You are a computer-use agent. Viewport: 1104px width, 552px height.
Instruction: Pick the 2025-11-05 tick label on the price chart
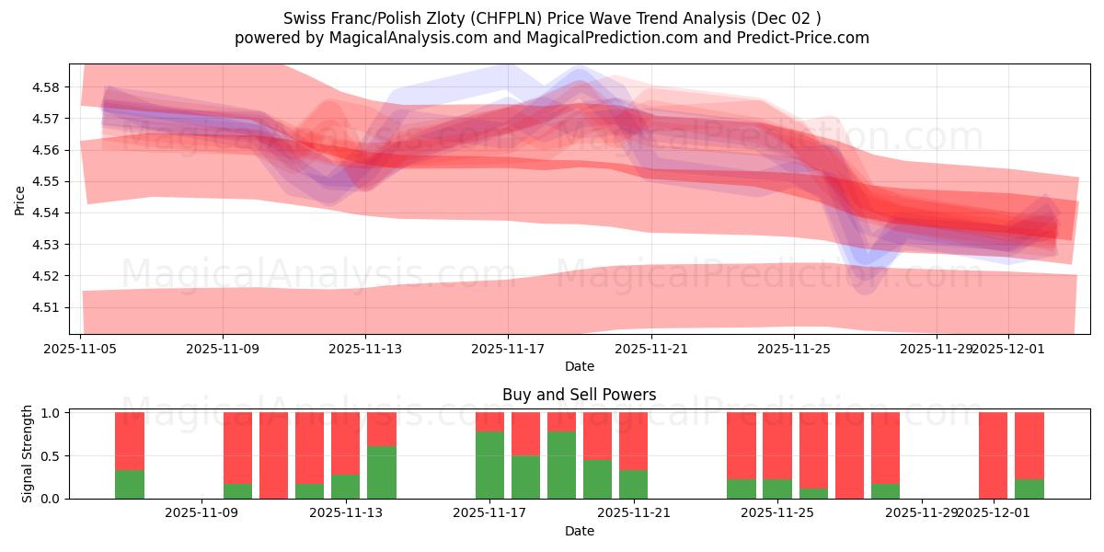82,350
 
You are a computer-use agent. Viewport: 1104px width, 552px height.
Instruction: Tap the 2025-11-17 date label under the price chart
508,350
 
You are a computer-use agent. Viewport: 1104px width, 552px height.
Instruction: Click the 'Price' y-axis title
20,200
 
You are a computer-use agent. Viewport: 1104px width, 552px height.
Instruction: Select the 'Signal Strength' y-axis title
28,454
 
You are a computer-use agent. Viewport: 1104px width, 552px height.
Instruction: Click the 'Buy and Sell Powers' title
579,395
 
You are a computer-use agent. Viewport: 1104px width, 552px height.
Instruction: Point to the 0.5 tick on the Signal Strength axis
51,456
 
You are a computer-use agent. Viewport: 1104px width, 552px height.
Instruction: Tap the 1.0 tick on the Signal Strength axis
51,413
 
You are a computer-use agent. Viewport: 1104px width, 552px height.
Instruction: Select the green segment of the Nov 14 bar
382,472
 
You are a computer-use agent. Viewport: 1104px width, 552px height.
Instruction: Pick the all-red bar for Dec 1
993,455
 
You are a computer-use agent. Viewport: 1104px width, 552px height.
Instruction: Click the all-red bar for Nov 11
273,455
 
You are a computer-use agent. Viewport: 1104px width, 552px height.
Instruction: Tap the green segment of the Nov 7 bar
130,484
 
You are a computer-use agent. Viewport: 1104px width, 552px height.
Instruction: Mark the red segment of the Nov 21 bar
633,441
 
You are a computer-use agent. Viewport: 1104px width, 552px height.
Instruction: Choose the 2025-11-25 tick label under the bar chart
777,513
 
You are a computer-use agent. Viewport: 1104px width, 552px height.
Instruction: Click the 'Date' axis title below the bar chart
579,531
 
